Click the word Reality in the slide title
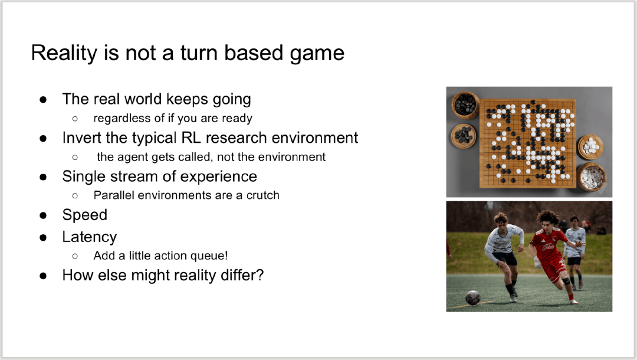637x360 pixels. coord(65,53)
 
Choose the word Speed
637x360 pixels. coord(84,215)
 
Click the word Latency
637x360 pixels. coord(90,237)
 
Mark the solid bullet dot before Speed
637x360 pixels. coord(43,215)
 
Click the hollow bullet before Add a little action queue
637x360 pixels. coord(75,256)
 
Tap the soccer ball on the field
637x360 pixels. coord(473,297)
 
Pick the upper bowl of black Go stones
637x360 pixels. coord(465,105)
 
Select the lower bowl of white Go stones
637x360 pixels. coord(592,176)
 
